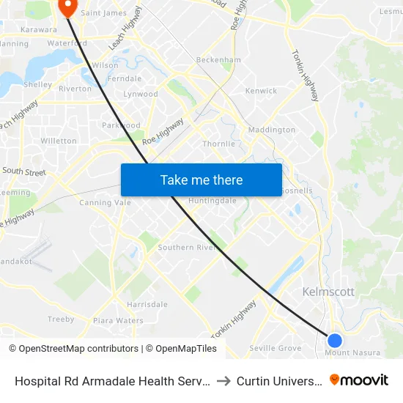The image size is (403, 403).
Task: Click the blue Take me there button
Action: pos(202,180)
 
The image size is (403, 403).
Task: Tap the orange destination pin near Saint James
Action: pos(67,7)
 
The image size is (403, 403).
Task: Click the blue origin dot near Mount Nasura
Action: pos(335,340)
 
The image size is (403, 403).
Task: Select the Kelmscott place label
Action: pos(328,292)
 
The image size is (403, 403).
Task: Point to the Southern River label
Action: pos(186,248)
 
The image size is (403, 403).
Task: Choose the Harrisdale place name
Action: pos(147,305)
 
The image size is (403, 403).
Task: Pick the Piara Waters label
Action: pos(118,320)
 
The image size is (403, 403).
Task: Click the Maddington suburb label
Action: pos(272,130)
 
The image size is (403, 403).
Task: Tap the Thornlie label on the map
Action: pos(218,144)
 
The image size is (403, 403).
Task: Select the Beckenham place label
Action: pos(218,60)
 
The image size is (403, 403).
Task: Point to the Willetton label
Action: pos(59,141)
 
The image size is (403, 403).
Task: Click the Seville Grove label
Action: pos(276,348)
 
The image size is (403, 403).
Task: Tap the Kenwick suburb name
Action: pos(261,92)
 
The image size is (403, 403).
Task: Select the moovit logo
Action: pos(359,380)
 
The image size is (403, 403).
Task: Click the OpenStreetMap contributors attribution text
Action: pos(73,349)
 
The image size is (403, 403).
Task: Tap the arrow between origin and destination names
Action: pos(224,381)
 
